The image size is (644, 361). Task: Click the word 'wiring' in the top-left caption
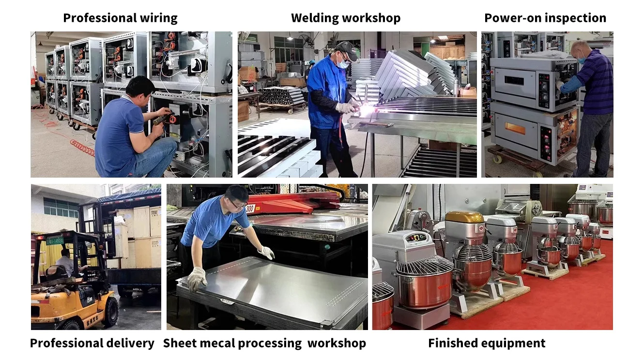(x=159, y=18)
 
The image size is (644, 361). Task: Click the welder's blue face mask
(x=343, y=64)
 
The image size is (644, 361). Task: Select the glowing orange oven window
(x=515, y=128)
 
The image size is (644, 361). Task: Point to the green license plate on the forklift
(x=55, y=240)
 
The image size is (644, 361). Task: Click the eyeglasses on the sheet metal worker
(x=239, y=205)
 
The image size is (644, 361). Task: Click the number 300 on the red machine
(x=251, y=209)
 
